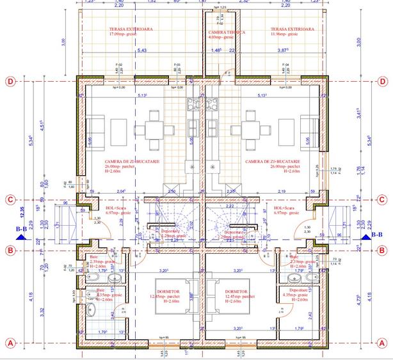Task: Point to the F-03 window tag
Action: click(x=177, y=65)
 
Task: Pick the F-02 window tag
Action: click(x=118, y=65)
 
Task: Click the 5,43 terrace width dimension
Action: click(x=141, y=50)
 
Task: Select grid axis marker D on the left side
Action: click(x=10, y=81)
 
